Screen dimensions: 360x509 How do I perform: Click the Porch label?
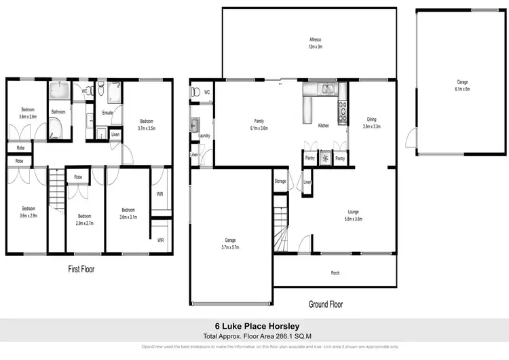335,273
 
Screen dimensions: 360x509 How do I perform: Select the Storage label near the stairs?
280,181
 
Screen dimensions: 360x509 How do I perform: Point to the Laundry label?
204,136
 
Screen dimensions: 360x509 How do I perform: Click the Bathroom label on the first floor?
58,112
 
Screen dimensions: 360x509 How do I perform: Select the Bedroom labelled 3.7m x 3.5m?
147,124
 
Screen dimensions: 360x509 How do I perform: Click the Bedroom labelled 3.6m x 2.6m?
27,113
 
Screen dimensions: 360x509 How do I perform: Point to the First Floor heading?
81,269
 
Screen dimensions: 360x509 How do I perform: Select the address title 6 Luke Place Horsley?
254,326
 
